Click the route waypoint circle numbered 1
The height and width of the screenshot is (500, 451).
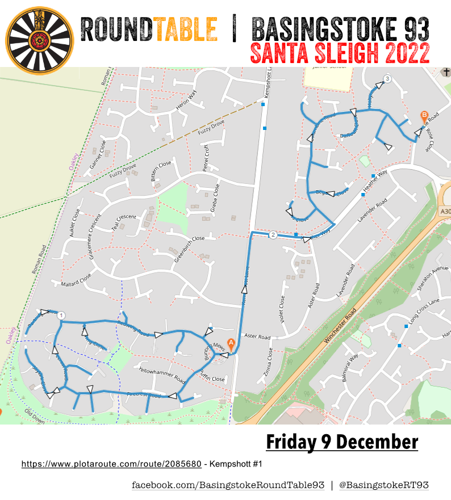(x=62, y=316)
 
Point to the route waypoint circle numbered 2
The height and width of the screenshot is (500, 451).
(x=273, y=234)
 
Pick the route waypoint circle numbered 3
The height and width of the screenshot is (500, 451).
(x=387, y=78)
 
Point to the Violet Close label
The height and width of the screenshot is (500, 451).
(x=283, y=310)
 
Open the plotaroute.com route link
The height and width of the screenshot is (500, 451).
(x=111, y=464)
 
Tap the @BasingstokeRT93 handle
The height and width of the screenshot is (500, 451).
(x=383, y=485)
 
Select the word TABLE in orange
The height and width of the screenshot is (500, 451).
(x=186, y=29)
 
